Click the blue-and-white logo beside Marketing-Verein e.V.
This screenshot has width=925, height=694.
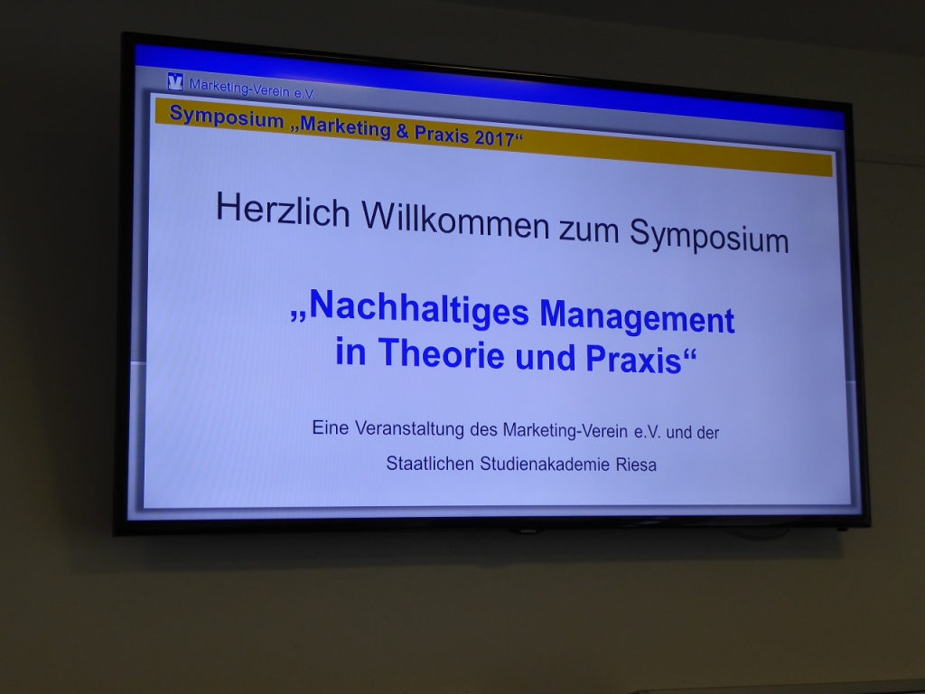point(175,81)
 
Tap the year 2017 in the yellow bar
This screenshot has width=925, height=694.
point(494,138)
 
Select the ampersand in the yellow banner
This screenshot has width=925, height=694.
point(402,131)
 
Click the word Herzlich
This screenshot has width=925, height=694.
point(283,210)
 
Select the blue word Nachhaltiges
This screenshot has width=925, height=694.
point(418,307)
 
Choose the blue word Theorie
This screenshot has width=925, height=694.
point(441,353)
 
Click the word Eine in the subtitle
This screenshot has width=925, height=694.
point(331,427)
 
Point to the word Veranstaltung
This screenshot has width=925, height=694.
point(410,429)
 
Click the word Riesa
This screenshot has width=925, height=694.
point(636,464)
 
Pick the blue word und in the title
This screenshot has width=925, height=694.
point(545,358)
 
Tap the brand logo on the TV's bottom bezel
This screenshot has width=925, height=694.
point(528,531)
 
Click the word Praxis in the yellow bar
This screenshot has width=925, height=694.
point(442,135)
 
